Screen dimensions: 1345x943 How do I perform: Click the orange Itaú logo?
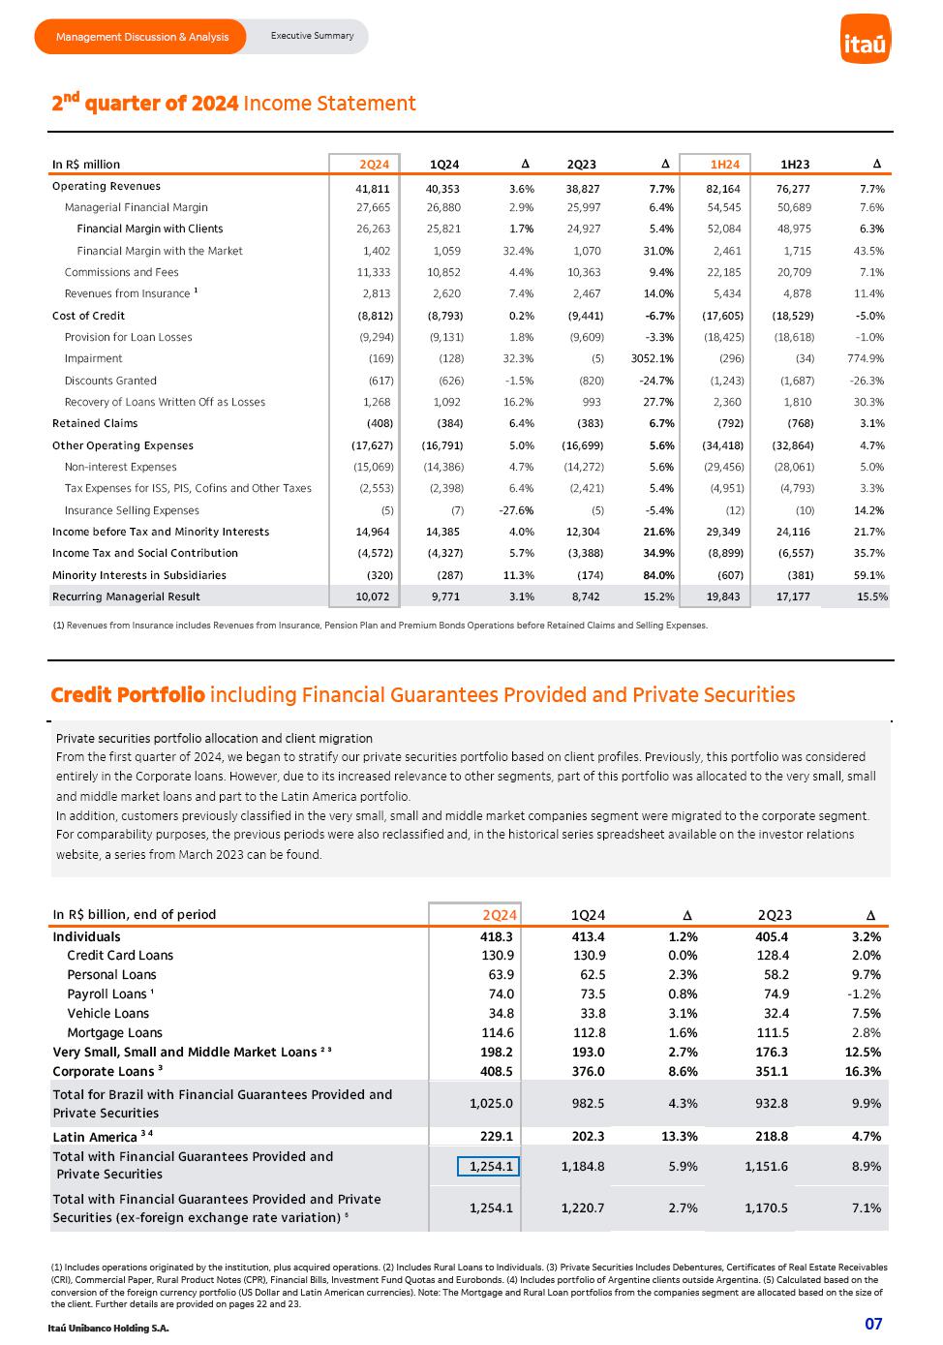865,41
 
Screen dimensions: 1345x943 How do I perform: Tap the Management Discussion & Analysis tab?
142,37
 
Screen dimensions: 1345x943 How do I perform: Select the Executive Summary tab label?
312,36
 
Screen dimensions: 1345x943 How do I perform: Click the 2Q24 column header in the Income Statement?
373,165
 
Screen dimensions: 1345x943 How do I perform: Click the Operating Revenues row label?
106,186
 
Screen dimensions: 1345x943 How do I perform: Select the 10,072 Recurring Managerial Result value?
373,596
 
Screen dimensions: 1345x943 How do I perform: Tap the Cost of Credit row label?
88,316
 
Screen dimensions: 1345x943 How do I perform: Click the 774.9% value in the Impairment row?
865,358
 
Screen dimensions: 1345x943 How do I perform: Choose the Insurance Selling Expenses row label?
132,510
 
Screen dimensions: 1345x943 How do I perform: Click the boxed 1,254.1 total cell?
489,1166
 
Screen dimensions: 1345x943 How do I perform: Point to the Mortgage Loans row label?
114,1032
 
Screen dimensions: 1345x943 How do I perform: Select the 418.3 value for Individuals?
496,936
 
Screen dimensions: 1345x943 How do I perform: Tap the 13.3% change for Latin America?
678,1137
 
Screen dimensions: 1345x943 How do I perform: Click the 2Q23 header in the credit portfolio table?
775,915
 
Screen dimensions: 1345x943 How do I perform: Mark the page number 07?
872,1324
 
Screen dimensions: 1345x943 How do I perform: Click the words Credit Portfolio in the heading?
128,694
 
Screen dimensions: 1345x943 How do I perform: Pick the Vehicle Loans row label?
107,1013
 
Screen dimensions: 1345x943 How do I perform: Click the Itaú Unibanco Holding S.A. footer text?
107,1328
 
